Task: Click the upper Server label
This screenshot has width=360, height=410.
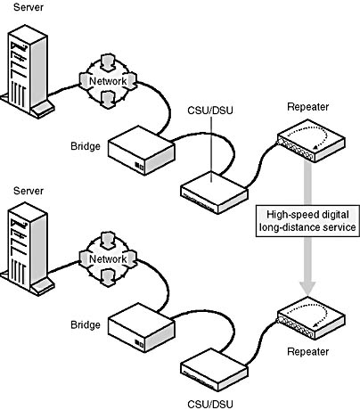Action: (29, 7)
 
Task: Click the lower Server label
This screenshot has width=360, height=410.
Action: (29, 191)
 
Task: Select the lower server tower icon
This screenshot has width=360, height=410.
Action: (28, 249)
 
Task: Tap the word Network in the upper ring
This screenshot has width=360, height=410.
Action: (108, 81)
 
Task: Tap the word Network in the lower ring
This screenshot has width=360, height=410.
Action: (108, 258)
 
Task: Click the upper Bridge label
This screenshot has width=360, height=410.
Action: (86, 146)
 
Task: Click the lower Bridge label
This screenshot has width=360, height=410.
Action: (86, 324)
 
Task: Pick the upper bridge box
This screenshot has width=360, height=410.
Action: (141, 151)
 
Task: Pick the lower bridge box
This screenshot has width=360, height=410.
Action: (141, 328)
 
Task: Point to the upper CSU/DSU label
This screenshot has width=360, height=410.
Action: (210, 111)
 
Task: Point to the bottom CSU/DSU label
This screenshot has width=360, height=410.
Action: (210, 405)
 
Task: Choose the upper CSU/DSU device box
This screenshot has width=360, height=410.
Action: (214, 193)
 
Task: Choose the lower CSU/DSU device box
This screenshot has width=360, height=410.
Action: (214, 370)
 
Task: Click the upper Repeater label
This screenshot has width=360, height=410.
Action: (308, 107)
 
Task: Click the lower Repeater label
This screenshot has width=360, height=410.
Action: (308, 352)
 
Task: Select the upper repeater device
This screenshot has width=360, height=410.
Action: (311, 141)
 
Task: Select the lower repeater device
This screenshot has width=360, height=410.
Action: (311, 318)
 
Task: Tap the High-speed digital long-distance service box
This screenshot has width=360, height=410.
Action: (307, 221)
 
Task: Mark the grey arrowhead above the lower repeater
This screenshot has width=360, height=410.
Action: (307, 287)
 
